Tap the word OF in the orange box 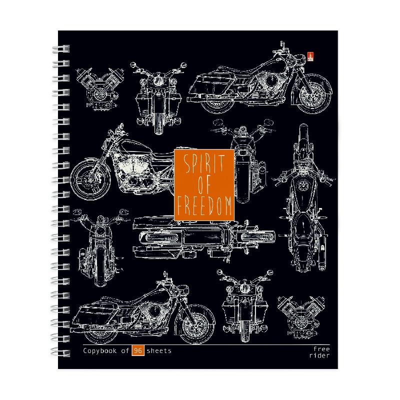(x=204, y=183)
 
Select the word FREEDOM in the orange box (x=204, y=205)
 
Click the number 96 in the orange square (x=138, y=350)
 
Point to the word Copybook (x=100, y=351)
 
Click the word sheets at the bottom (x=159, y=351)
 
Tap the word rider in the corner (x=319, y=355)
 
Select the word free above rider (x=321, y=348)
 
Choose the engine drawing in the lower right (x=301, y=317)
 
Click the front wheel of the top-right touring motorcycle (x=314, y=94)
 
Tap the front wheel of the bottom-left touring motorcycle (x=196, y=324)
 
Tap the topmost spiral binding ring (x=61, y=48)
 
